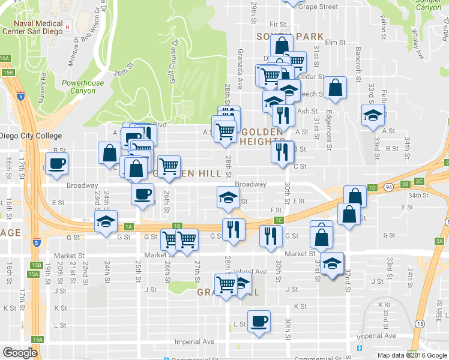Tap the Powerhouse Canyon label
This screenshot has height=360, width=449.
click(x=82, y=87)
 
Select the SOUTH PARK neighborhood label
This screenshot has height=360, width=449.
click(x=290, y=37)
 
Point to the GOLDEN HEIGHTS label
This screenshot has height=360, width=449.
click(x=262, y=137)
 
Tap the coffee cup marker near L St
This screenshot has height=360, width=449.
click(x=259, y=321)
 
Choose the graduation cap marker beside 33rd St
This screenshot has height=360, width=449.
click(x=373, y=115)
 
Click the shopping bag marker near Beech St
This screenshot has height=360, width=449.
click(x=334, y=89)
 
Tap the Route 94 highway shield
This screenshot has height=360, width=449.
click(x=390, y=188)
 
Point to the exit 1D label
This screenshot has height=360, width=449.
click(x=372, y=188)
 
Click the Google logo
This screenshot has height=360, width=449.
click(x=20, y=353)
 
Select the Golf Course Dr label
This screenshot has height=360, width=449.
click(x=174, y=62)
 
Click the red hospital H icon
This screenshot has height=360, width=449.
click(x=68, y=27)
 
